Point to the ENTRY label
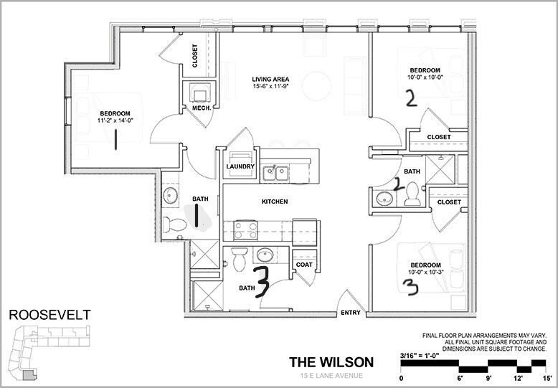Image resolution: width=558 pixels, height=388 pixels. (351, 312)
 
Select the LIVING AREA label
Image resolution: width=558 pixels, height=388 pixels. (270, 78)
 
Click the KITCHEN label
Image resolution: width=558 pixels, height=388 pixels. (274, 202)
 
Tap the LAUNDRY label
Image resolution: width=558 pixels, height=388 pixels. (240, 166)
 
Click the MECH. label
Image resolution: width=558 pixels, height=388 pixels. (200, 108)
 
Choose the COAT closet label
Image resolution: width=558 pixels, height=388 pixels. (302, 264)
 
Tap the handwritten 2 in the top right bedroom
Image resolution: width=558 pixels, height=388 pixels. (410, 98)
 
